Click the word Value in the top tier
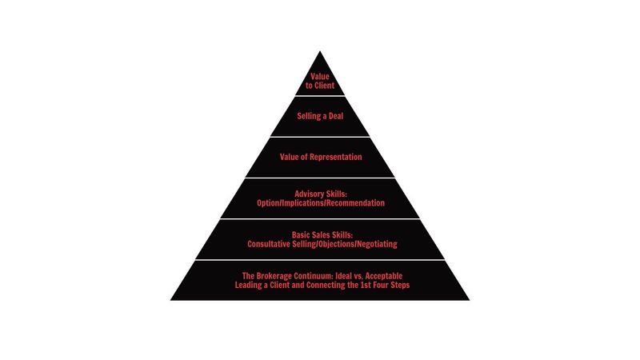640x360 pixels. tap(319, 76)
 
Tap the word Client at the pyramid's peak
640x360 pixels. tap(325, 86)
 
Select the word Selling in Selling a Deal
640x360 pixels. tap(309, 116)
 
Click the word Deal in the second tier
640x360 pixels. tap(336, 116)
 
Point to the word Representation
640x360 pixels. tap(336, 157)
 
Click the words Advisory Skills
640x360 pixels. tap(321, 194)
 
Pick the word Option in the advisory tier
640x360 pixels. tap(268, 203)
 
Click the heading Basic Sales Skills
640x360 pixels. tap(322, 234)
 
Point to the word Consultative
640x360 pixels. tap(269, 244)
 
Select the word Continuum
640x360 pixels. tap(314, 276)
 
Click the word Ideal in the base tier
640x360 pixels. tap(344, 276)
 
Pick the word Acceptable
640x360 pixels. tap(384, 276)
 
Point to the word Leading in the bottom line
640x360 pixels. tap(249, 285)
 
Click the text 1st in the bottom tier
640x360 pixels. tap(366, 285)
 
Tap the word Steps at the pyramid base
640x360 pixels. tap(400, 285)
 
